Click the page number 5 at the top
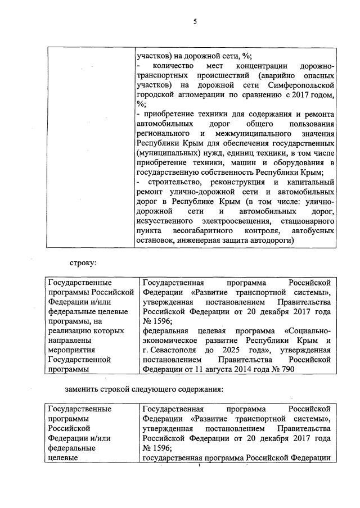click(195, 22)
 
